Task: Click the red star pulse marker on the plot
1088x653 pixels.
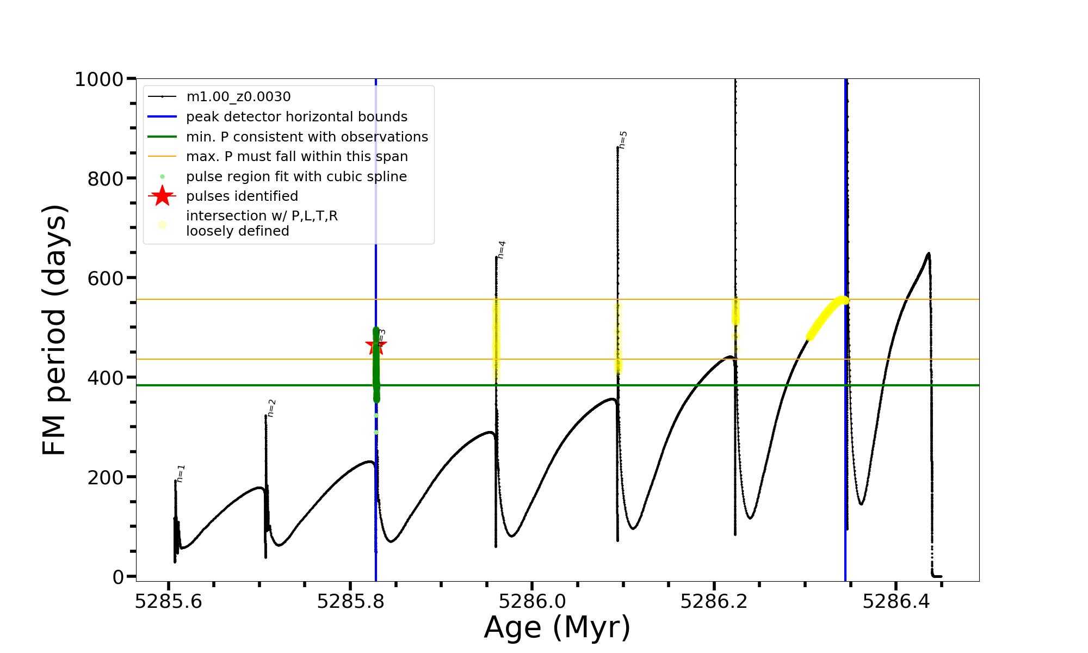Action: click(x=375, y=345)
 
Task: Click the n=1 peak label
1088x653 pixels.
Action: click(x=181, y=473)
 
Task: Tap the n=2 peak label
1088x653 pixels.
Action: click(x=271, y=408)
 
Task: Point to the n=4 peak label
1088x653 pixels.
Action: click(x=502, y=249)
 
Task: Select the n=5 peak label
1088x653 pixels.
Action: click(x=623, y=139)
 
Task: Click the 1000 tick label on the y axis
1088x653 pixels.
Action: click(x=99, y=79)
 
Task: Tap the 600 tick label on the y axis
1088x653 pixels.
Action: click(x=106, y=278)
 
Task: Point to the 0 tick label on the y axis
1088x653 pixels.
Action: click(x=118, y=577)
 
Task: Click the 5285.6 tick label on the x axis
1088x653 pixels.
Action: click(x=169, y=602)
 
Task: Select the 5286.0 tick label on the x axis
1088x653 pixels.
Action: click(x=532, y=602)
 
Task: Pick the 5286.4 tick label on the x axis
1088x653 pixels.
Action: click(x=896, y=602)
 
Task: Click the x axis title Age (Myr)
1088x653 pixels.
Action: click(x=557, y=627)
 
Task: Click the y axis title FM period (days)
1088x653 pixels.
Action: click(x=54, y=330)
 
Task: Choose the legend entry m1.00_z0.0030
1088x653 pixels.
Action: click(x=238, y=97)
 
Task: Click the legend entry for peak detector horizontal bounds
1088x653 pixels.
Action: click(x=296, y=117)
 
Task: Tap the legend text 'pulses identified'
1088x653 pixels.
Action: click(x=242, y=196)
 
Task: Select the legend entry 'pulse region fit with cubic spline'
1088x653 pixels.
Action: click(x=296, y=177)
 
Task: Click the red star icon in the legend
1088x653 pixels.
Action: click(x=162, y=196)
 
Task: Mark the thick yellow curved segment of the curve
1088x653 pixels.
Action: click(x=827, y=316)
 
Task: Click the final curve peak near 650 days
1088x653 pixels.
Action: click(x=928, y=254)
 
